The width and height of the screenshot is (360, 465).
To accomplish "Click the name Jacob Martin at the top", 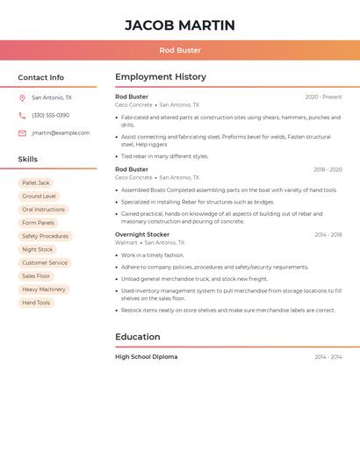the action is [x=180, y=25].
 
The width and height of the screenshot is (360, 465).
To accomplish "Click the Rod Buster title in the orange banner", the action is [x=180, y=50].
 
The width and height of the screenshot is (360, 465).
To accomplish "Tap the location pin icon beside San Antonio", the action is [x=22, y=98].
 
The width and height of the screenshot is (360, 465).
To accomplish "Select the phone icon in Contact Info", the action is [x=22, y=116].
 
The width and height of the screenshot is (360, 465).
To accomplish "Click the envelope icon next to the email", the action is [x=22, y=133].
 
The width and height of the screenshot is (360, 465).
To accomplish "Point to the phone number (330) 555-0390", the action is [x=50, y=116].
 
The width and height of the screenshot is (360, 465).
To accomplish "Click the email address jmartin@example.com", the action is [x=61, y=133].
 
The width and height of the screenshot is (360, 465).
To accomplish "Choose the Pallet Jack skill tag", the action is [x=36, y=183].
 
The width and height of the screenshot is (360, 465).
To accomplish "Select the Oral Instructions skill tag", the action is [x=43, y=210].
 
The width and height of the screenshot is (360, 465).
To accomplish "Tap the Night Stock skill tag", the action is [x=37, y=250].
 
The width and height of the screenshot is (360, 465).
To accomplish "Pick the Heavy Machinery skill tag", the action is [x=43, y=290].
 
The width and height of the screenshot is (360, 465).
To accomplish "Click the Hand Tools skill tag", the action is [x=36, y=303].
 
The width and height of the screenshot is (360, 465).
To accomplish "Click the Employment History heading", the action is [x=161, y=77].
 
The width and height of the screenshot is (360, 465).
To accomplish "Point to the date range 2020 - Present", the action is [x=323, y=97].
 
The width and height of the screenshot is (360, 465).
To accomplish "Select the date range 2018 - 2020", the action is [x=328, y=169].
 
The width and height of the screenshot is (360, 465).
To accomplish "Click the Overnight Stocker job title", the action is [x=142, y=235].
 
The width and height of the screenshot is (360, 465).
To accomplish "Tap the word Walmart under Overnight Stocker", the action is [x=126, y=243].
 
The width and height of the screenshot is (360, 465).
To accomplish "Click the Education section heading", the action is [x=138, y=337].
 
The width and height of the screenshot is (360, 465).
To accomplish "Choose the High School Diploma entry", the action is [x=146, y=357].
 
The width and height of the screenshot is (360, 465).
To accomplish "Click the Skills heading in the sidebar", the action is [x=28, y=160].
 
